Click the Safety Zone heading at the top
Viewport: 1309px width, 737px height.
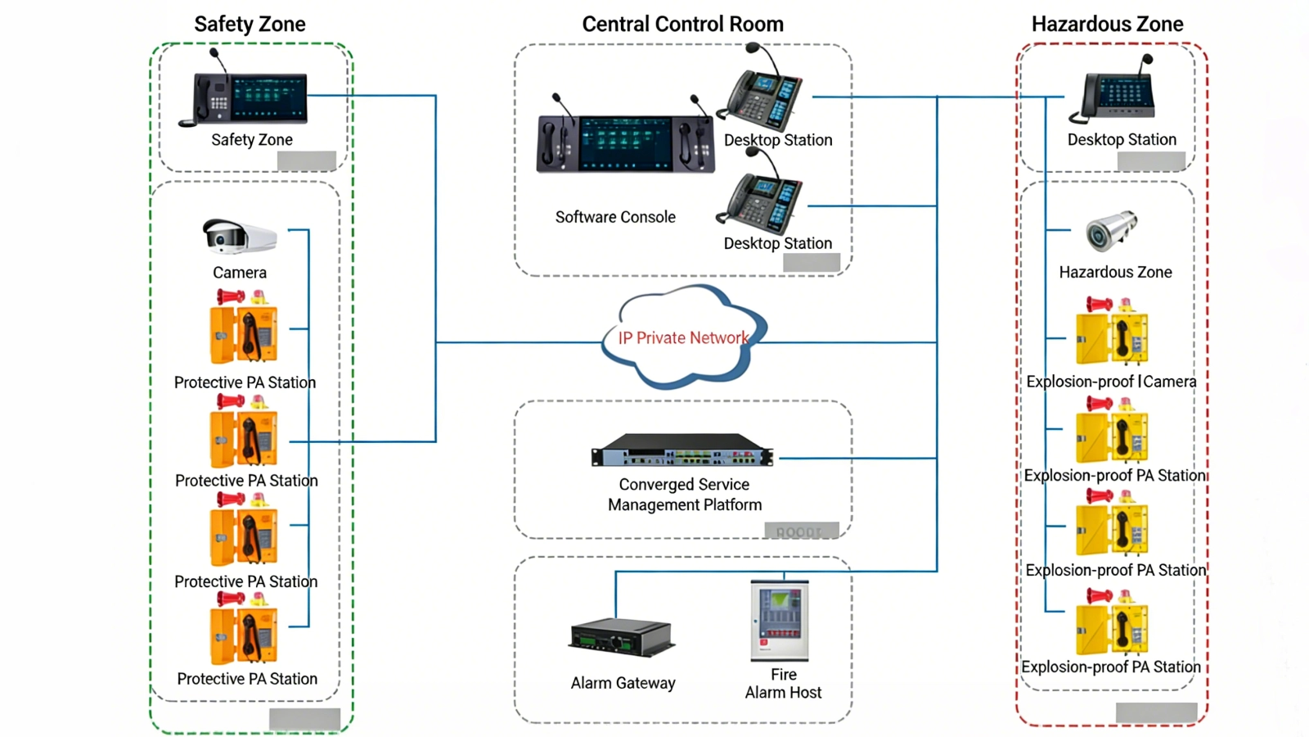[x=250, y=25]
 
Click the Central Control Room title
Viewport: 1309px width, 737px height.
[x=682, y=25]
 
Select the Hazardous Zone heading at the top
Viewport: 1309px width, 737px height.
[x=1107, y=25]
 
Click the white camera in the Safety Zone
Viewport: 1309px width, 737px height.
[x=239, y=237]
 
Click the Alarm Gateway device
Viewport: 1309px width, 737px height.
[x=622, y=637]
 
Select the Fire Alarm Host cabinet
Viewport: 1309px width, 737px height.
[x=780, y=620]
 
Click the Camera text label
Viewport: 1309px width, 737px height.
[x=239, y=273]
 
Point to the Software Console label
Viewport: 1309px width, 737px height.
[x=615, y=217]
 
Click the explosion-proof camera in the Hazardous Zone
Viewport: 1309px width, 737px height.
[x=1111, y=231]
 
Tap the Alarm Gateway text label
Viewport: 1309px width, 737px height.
[x=623, y=683]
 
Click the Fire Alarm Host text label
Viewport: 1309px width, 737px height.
[x=783, y=684]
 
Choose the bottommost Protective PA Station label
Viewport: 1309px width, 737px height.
[x=247, y=679]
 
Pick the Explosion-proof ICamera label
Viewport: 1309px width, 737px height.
[x=1111, y=382]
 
